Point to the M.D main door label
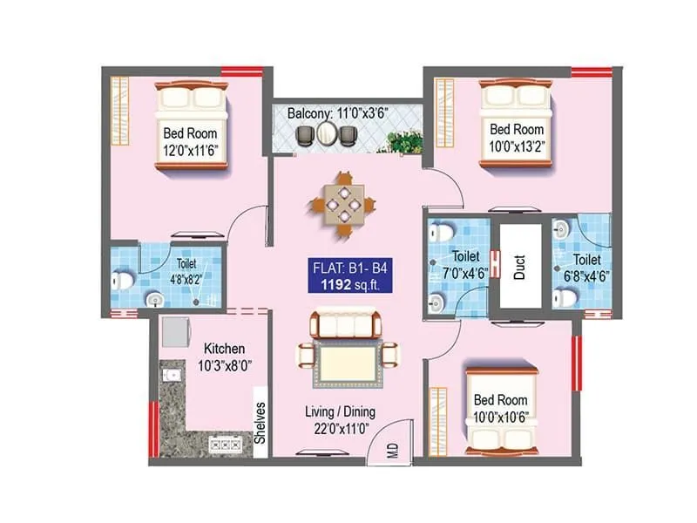[x=392, y=452]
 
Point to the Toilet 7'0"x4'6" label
[x=461, y=265]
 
